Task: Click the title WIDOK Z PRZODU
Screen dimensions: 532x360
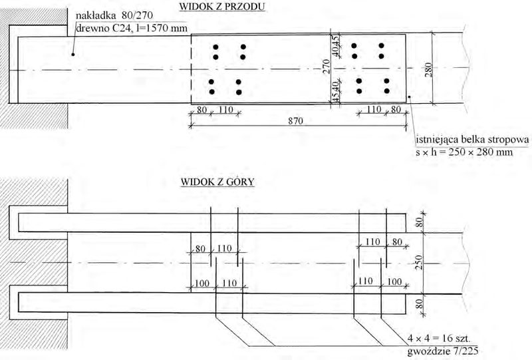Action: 222,7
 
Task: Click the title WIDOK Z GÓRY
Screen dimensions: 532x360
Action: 217,182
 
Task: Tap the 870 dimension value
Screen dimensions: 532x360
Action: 295,121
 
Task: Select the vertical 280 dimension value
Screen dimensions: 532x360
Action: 428,70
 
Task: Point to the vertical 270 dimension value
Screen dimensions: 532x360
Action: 326,67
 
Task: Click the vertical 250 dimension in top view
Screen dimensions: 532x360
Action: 419,262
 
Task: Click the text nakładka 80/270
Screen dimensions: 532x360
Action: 114,15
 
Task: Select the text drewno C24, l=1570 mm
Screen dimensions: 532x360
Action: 132,28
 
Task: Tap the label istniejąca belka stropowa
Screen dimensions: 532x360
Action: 472,140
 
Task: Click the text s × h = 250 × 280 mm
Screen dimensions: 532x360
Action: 464,152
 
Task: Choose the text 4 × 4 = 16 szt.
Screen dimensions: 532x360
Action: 439,338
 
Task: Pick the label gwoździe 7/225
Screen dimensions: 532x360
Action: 443,351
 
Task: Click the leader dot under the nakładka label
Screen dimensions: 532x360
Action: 72,54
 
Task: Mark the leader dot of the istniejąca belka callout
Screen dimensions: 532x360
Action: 410,97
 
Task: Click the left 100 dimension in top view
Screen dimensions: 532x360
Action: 202,283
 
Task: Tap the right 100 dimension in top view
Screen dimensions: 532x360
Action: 394,281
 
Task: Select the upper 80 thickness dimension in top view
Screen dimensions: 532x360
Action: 420,222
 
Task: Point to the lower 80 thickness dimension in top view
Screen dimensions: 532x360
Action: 420,303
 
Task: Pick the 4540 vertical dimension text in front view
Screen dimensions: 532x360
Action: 335,92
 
